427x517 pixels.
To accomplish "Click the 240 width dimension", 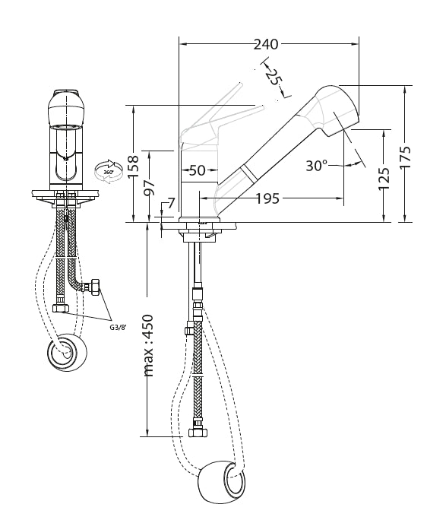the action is (266, 44).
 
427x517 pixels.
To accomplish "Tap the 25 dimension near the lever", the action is (274, 78).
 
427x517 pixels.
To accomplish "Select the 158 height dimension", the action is (134, 167).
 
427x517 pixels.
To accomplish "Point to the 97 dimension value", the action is (150, 187).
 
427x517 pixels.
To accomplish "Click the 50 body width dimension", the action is (198, 170).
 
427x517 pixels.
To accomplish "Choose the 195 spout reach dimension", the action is (267, 198).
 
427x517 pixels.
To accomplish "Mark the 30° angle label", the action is (316, 165).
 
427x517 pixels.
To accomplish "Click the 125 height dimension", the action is (384, 179).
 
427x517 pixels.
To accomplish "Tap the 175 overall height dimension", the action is (405, 157).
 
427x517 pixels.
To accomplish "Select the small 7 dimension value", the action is (171, 204).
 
